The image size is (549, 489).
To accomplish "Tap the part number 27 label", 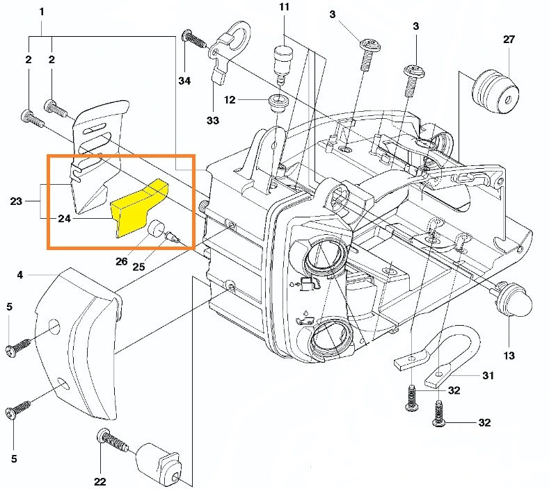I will coord(509,40).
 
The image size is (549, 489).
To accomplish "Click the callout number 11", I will coord(283,8).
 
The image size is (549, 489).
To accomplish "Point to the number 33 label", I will coord(212,120).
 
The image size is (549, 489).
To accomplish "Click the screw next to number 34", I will coord(194,39).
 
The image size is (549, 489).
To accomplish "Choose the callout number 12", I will coord(230,100).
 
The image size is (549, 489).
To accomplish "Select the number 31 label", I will coord(488,376).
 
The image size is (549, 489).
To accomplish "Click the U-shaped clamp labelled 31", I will coord(445,354).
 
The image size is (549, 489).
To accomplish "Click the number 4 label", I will coord(20,275).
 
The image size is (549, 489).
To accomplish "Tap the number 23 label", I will coord(16,201).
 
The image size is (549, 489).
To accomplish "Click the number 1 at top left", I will coord(42,12).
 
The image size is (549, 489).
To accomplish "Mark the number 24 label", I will coord(64,218).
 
